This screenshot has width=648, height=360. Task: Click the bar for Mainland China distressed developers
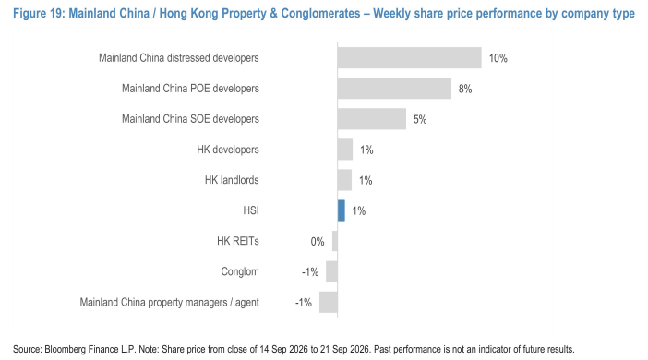click(409, 57)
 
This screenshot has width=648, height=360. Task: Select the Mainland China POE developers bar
click(394, 88)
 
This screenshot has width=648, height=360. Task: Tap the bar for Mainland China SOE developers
click(371, 119)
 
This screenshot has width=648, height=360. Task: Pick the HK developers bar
click(345, 150)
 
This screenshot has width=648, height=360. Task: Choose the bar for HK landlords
click(344, 180)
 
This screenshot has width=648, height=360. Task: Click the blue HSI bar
click(342, 210)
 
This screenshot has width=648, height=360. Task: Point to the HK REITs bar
click(335, 241)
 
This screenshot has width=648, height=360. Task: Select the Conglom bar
click(331, 271)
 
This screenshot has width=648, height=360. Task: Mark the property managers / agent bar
click(328, 302)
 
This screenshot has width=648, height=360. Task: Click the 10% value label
click(498, 58)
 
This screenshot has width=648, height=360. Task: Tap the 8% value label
click(465, 89)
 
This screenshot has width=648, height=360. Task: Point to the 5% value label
click(420, 119)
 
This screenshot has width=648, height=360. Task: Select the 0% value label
click(318, 242)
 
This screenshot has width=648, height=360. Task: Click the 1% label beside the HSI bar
click(359, 211)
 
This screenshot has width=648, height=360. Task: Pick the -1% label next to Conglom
click(310, 272)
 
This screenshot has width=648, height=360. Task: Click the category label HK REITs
click(238, 241)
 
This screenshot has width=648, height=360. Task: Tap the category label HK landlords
click(232, 180)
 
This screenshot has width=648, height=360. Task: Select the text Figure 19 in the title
click(39, 14)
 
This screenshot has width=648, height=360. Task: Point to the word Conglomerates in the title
click(320, 14)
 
